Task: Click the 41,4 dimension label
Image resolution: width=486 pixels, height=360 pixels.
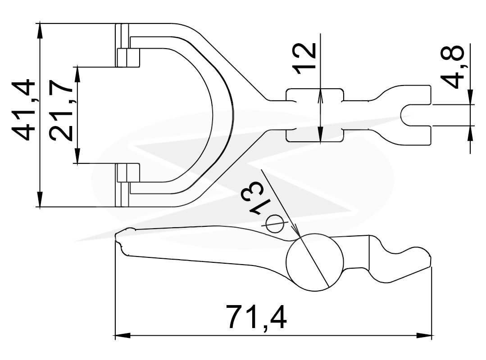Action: (x=23, y=110)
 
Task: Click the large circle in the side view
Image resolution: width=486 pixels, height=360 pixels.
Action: (x=314, y=262)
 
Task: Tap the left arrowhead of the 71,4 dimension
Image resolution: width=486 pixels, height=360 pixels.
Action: (x=123, y=335)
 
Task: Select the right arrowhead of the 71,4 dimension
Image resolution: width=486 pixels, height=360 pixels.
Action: (x=424, y=335)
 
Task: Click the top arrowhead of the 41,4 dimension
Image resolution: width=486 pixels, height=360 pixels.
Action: (x=40, y=31)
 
